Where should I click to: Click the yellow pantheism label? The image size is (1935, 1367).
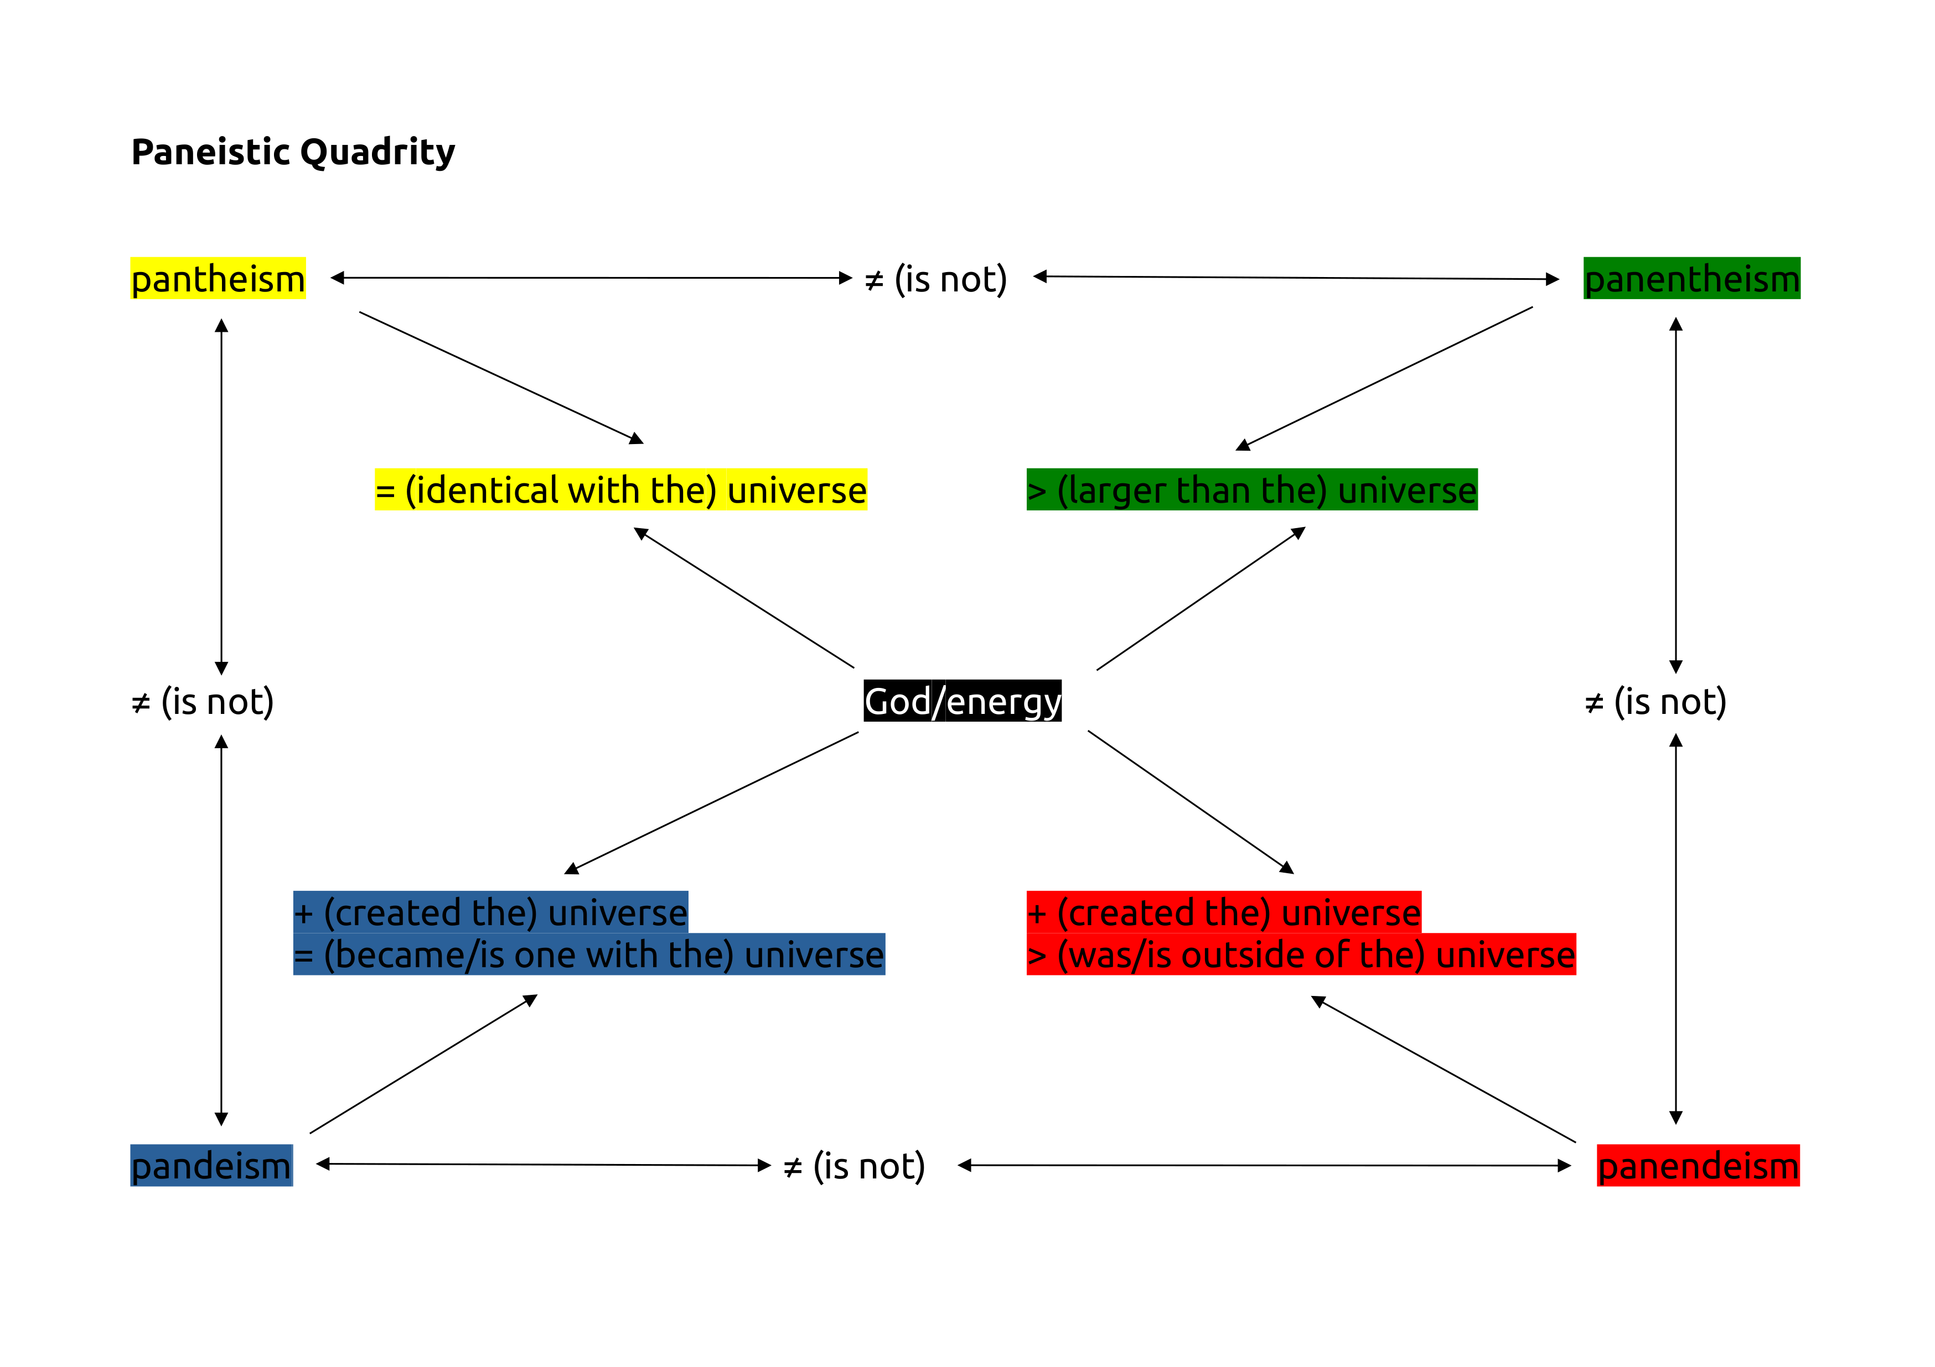coord(218,279)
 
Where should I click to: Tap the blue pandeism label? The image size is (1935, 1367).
coord(211,1166)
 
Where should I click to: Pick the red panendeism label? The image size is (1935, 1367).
coord(1698,1166)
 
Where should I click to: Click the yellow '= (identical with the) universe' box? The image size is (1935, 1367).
coord(620,490)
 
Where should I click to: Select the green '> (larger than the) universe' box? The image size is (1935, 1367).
coord(1251,490)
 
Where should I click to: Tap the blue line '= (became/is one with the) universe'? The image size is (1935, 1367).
coord(588,955)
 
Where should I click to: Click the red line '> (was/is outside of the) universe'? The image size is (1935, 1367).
coord(1300,955)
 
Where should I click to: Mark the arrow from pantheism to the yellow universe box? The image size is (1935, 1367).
coord(501,377)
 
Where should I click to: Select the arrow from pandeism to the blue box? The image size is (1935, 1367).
coord(423,1065)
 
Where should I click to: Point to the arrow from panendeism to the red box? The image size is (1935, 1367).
coord(1443,1069)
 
